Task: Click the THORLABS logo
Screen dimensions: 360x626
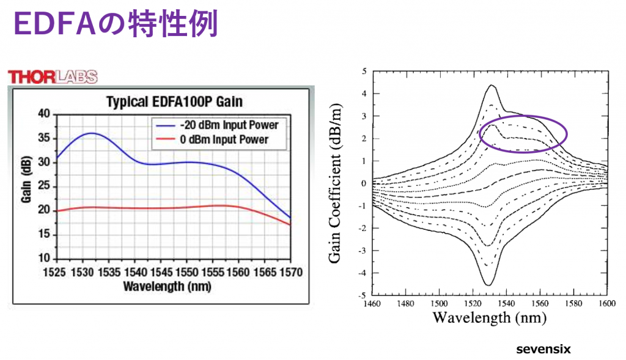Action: [52, 76]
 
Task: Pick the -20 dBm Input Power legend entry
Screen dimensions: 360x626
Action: [229, 125]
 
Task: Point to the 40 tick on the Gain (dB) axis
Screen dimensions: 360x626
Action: [44, 114]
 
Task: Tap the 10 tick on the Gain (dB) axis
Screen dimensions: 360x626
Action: [44, 259]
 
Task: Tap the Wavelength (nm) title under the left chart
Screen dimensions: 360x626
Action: [173, 285]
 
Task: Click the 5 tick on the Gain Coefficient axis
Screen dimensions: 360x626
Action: [364, 72]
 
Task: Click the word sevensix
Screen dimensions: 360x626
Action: [543, 350]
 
